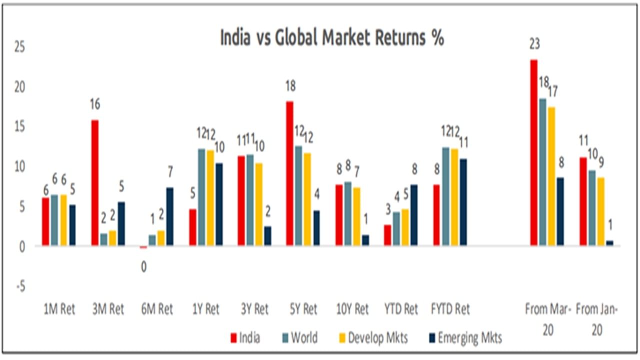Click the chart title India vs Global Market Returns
coord(332,38)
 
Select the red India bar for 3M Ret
coord(95,182)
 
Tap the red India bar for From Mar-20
coord(534,152)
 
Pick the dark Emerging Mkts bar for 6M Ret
coord(170,216)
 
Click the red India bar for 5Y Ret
coord(290,173)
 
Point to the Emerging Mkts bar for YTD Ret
coord(414,215)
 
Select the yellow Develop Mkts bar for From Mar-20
coord(552,176)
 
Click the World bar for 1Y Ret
coord(201,197)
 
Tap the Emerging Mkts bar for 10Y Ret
coord(366,240)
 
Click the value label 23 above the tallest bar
coord(534,45)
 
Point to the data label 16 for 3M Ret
coord(95,104)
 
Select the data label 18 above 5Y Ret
coord(290,86)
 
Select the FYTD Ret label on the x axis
coord(450,309)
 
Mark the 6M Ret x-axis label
coord(158,309)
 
